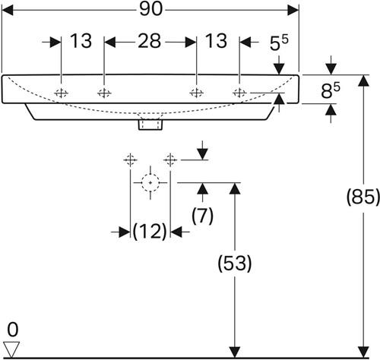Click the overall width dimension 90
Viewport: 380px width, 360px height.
pos(150,10)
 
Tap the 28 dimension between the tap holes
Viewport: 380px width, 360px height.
pos(149,41)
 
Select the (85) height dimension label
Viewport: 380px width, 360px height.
pos(363,197)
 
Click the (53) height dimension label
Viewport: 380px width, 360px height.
pos(235,264)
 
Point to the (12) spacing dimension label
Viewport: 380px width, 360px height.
pos(150,232)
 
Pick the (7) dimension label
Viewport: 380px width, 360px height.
pos(202,216)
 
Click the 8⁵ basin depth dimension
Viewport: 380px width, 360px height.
pos(331,90)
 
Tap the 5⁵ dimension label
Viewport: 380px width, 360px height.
pos(279,43)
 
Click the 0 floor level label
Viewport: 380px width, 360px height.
pos(13,330)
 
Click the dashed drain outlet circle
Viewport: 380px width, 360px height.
pos(150,182)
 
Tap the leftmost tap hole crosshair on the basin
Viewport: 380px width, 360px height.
pos(62,93)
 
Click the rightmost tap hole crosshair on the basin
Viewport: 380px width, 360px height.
pos(239,93)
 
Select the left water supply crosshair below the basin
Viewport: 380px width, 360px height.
pos(130,160)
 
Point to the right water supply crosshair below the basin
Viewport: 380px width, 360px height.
pos(170,160)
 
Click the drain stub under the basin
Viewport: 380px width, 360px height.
pos(150,125)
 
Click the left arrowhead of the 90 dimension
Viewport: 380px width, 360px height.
pos(8,10)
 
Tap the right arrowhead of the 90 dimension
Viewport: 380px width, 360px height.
pos(293,10)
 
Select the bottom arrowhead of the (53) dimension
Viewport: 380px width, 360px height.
pos(235,352)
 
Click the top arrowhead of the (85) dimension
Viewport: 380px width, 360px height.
pos(363,81)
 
